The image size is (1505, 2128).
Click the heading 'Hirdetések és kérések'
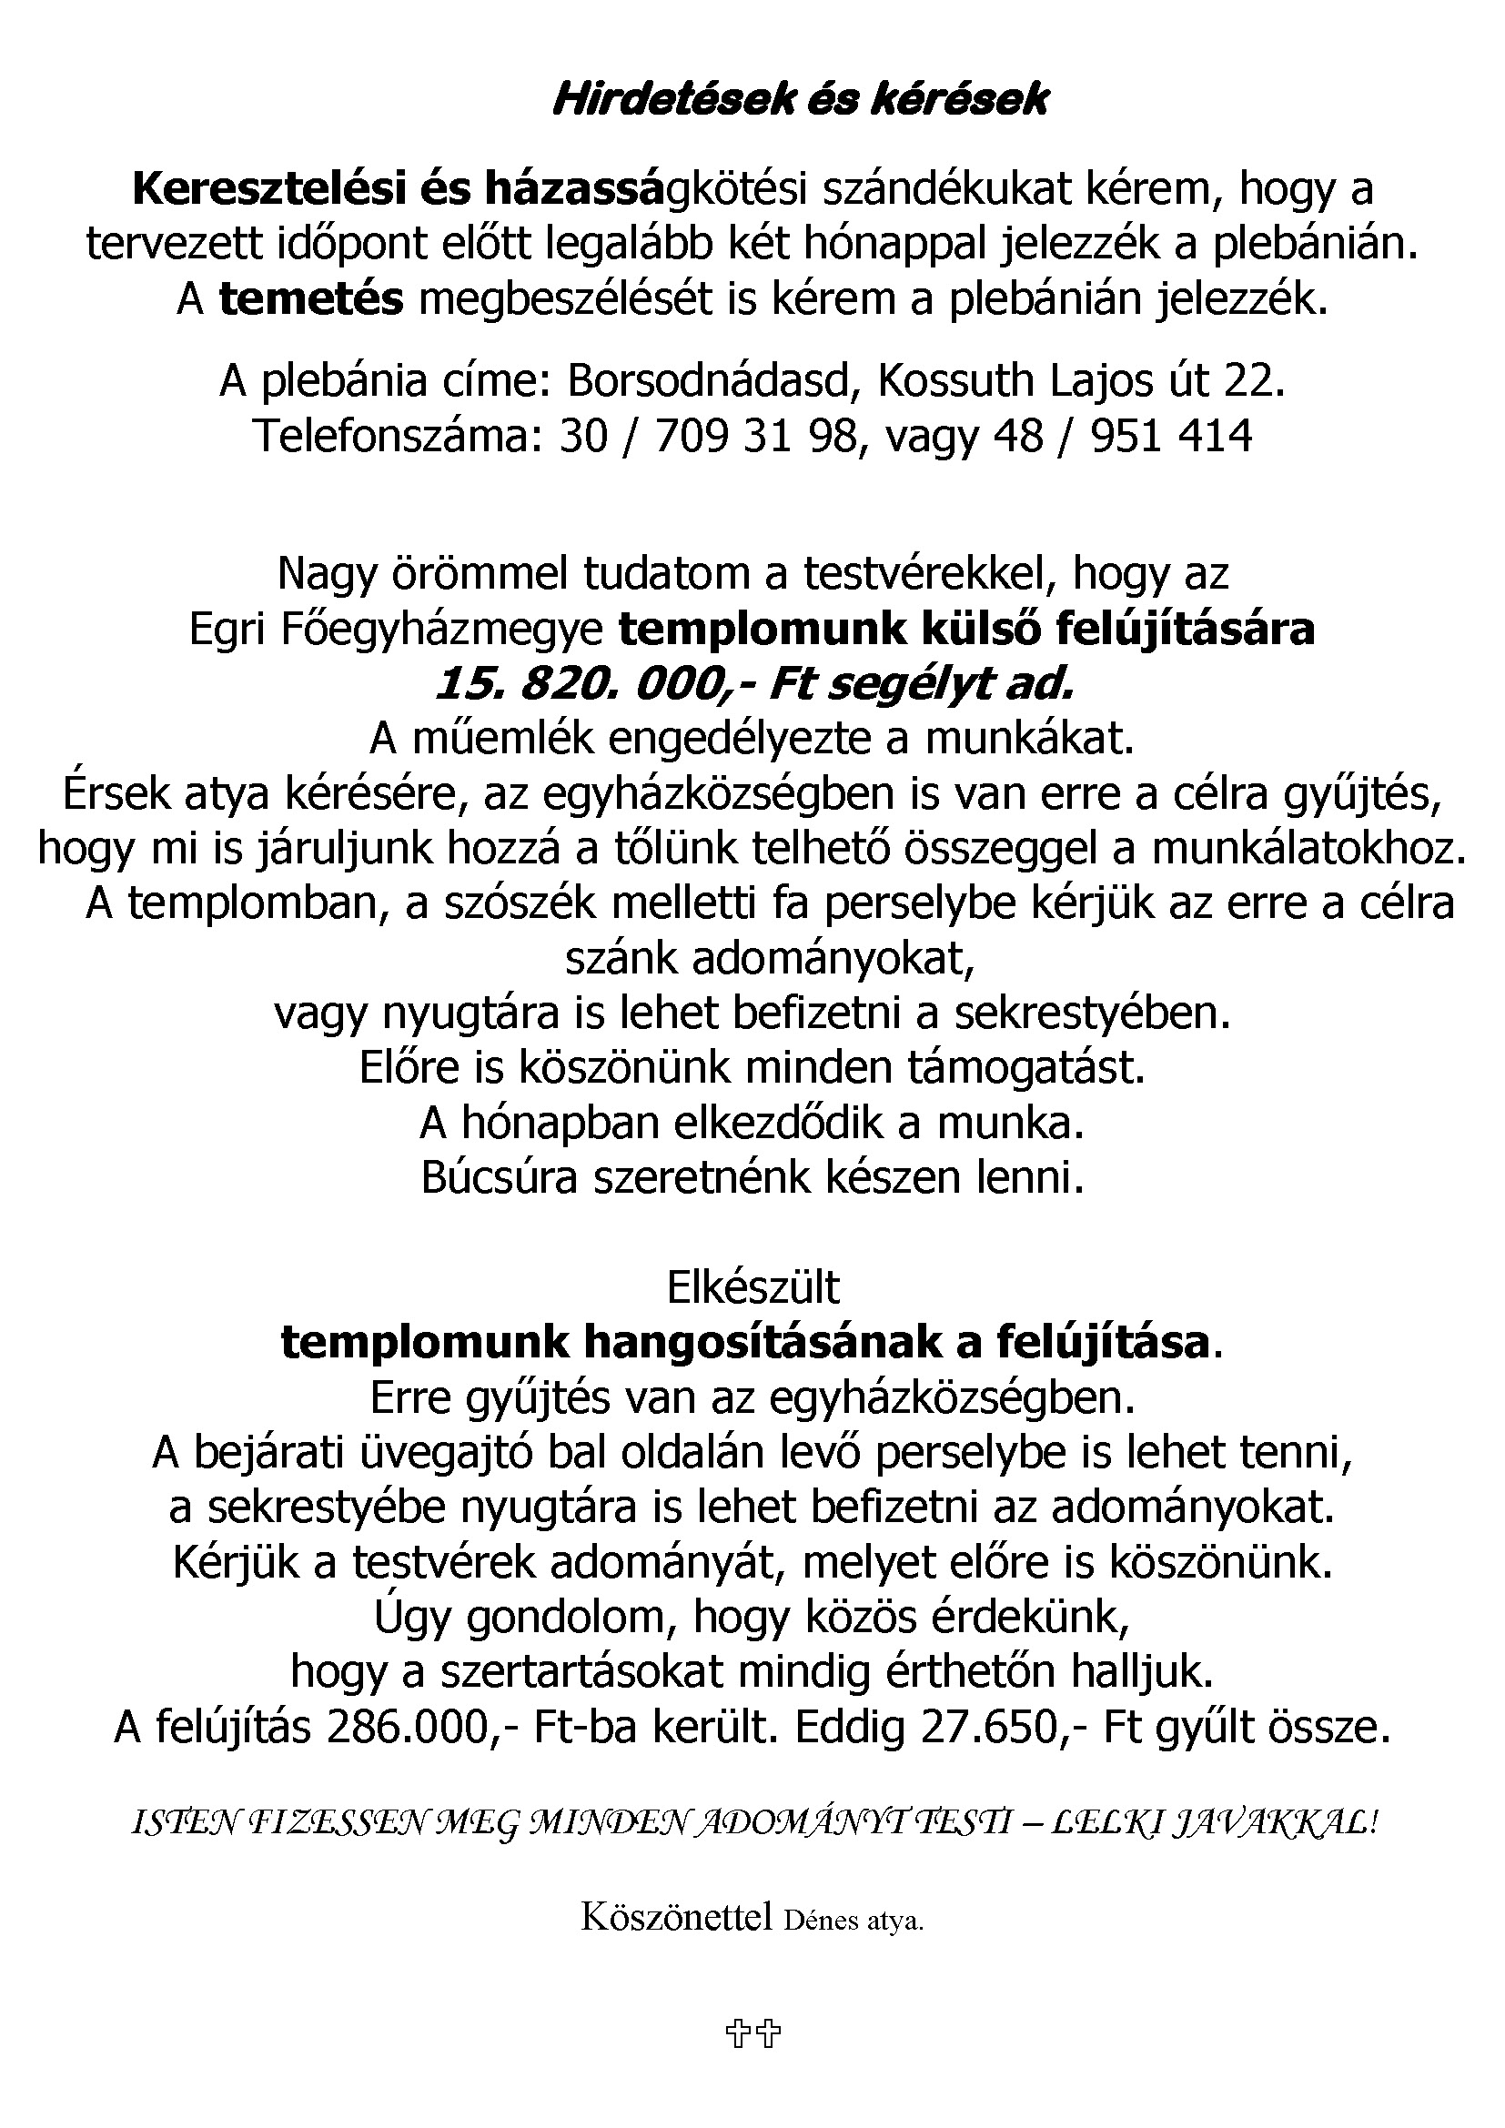coord(800,100)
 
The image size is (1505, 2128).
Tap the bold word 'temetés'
coord(311,299)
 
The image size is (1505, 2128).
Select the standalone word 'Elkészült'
coord(752,1287)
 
